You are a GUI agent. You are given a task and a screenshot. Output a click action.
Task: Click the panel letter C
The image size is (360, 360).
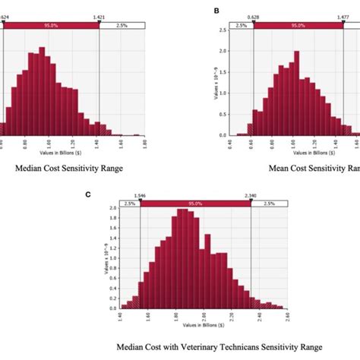tap(88, 194)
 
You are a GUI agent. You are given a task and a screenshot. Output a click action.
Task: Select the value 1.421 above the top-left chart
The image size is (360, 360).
tap(99, 16)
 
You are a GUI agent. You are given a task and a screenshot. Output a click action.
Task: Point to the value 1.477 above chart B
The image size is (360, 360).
tap(341, 16)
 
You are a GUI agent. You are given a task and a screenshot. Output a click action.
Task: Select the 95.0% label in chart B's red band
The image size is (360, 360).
tap(298, 25)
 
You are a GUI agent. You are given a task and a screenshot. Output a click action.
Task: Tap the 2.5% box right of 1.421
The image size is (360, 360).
tap(122, 25)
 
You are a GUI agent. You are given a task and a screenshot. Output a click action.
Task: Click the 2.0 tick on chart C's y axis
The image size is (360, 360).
tap(112, 208)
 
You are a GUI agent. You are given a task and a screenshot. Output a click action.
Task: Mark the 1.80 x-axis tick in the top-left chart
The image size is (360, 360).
tap(142, 141)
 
